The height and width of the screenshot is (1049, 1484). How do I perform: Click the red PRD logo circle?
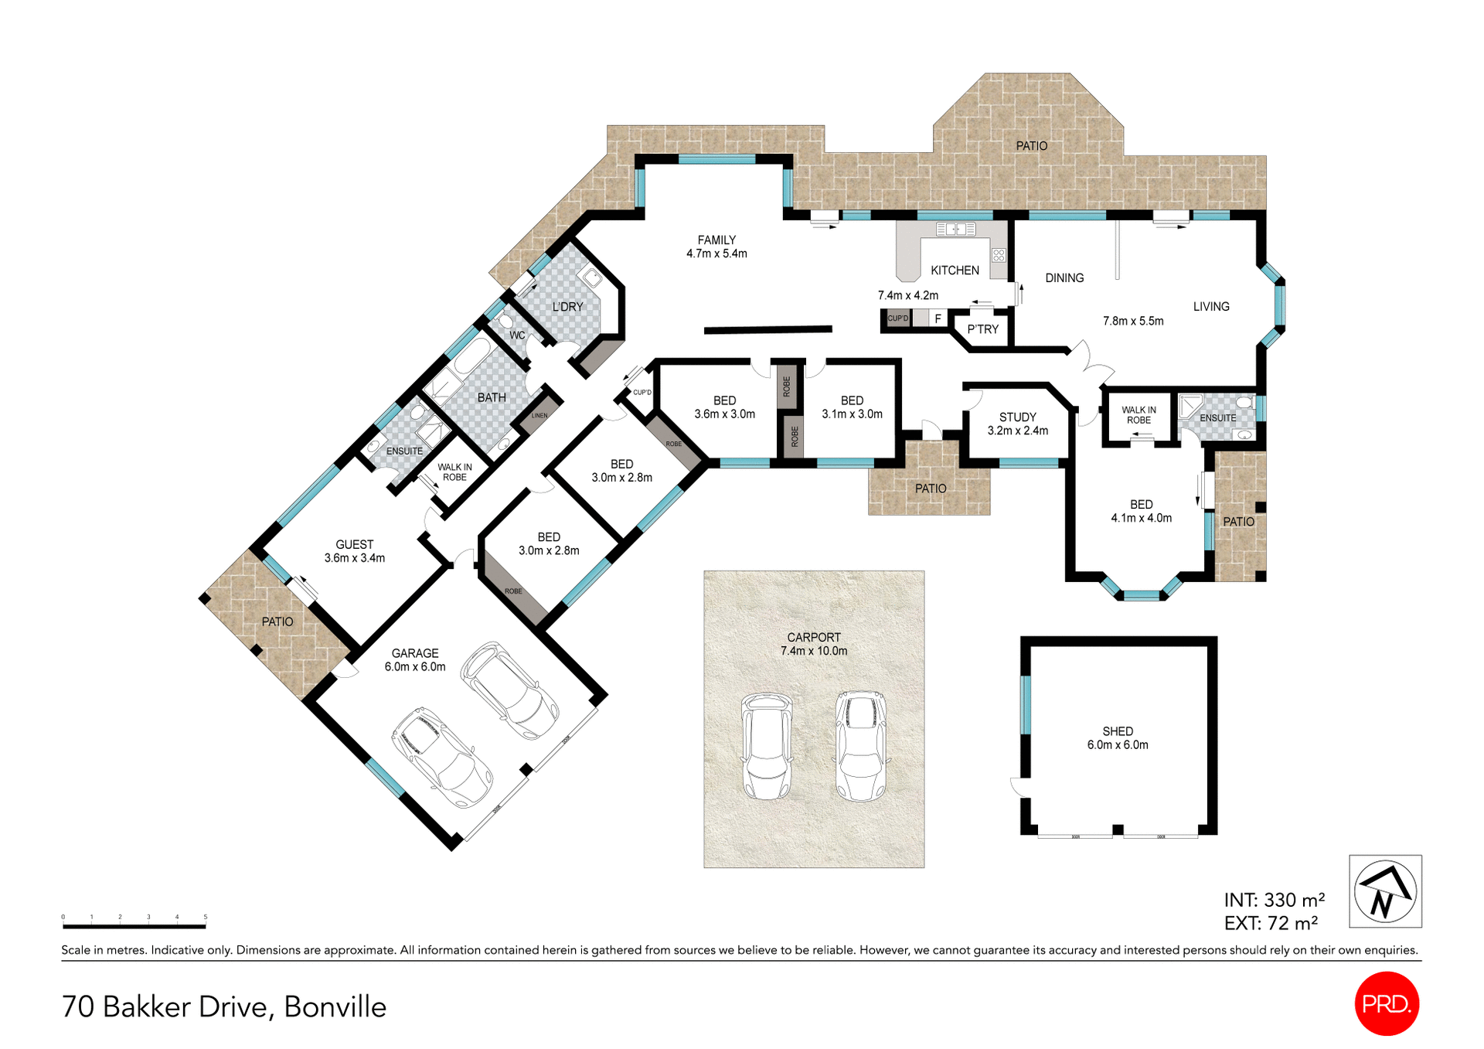click(1387, 1003)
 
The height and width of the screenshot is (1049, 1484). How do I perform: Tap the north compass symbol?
click(1385, 891)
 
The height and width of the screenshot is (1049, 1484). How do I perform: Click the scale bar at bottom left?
click(134, 925)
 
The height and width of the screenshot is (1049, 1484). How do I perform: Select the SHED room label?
click(1118, 737)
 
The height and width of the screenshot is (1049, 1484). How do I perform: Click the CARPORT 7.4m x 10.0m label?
click(814, 643)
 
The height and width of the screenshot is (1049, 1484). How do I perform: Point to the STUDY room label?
click(1017, 423)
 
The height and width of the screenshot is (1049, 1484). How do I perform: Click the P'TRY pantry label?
click(982, 329)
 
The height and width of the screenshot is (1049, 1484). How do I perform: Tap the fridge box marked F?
click(938, 318)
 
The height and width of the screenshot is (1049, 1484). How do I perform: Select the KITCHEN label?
click(955, 270)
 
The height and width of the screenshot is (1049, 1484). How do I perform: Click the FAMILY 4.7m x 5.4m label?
click(716, 246)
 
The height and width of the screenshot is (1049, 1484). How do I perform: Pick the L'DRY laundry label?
click(567, 307)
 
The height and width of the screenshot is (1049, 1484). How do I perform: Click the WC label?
click(517, 335)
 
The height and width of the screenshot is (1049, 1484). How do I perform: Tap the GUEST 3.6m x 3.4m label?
click(354, 550)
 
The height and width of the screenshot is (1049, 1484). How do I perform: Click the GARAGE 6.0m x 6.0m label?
click(415, 659)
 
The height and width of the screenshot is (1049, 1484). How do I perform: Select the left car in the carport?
click(767, 746)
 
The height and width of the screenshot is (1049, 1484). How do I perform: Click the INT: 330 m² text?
click(1274, 900)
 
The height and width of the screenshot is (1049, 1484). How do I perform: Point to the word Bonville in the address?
click(335, 1006)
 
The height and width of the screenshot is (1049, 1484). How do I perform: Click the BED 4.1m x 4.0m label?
click(1141, 510)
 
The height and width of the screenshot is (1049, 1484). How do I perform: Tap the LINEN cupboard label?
click(539, 416)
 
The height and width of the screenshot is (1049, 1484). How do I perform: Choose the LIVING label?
click(1210, 307)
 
